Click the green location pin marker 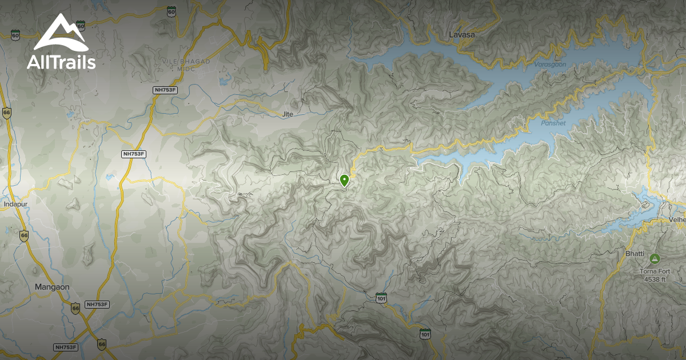pos(344,181)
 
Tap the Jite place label pos(288,114)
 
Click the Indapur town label pos(15,203)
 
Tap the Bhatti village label pos(635,253)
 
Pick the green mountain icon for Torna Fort pos(653,259)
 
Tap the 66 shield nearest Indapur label pos(23,235)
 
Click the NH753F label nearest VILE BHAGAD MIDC pos(166,90)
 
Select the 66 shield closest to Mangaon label pos(75,308)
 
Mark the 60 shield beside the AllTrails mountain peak pos(81,26)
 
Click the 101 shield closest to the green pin pos(381,297)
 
